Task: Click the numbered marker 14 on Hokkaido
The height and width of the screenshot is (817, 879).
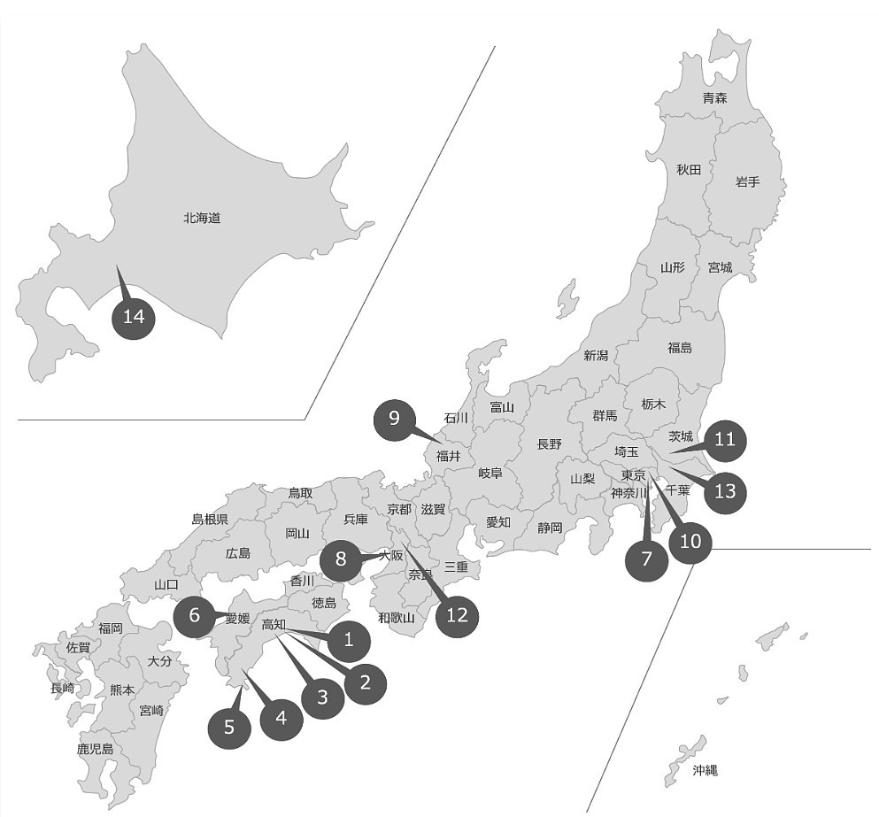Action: click(x=134, y=317)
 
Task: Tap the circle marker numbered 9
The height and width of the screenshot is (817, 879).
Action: click(x=395, y=419)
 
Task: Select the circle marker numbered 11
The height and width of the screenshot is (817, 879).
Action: click(x=725, y=440)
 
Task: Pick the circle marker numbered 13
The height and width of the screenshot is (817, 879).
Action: click(x=725, y=490)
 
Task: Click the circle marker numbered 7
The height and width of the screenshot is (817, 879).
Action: click(x=647, y=559)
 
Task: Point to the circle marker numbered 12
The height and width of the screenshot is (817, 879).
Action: click(x=457, y=615)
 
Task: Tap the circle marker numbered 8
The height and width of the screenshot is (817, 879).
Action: click(x=341, y=559)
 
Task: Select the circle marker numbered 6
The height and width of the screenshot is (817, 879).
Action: click(x=195, y=615)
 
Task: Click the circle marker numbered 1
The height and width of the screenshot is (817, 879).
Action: click(x=349, y=639)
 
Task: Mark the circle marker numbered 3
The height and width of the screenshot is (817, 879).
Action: click(x=322, y=697)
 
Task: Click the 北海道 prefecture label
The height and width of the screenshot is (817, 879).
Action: click(x=202, y=218)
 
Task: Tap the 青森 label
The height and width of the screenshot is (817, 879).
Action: click(x=714, y=97)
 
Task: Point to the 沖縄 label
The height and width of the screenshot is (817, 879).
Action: click(x=705, y=770)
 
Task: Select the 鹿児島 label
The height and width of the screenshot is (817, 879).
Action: click(x=95, y=749)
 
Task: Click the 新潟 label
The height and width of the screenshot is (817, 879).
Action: click(x=596, y=356)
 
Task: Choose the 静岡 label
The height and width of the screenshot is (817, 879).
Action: click(x=550, y=528)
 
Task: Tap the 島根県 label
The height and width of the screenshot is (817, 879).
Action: click(x=210, y=520)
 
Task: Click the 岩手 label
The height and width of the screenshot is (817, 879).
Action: click(x=747, y=181)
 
